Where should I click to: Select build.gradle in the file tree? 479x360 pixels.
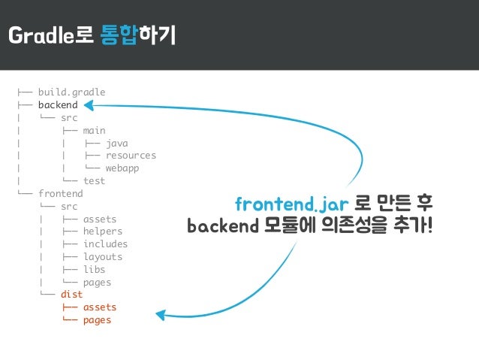(x=71, y=92)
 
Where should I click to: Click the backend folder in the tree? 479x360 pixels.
(x=58, y=105)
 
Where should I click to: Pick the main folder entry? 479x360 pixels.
(x=94, y=130)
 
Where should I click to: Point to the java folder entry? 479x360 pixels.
(x=116, y=143)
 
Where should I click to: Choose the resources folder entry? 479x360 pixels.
(x=131, y=156)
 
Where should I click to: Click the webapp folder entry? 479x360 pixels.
(x=122, y=168)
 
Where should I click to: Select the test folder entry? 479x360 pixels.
(x=94, y=181)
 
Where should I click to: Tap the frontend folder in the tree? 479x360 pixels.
(x=60, y=193)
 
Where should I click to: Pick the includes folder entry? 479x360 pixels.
(x=105, y=244)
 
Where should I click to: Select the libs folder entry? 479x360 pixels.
(x=94, y=270)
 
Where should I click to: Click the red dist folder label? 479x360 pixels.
(x=71, y=295)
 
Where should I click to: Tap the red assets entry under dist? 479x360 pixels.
(x=99, y=307)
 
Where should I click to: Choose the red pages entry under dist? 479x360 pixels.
(x=97, y=320)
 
